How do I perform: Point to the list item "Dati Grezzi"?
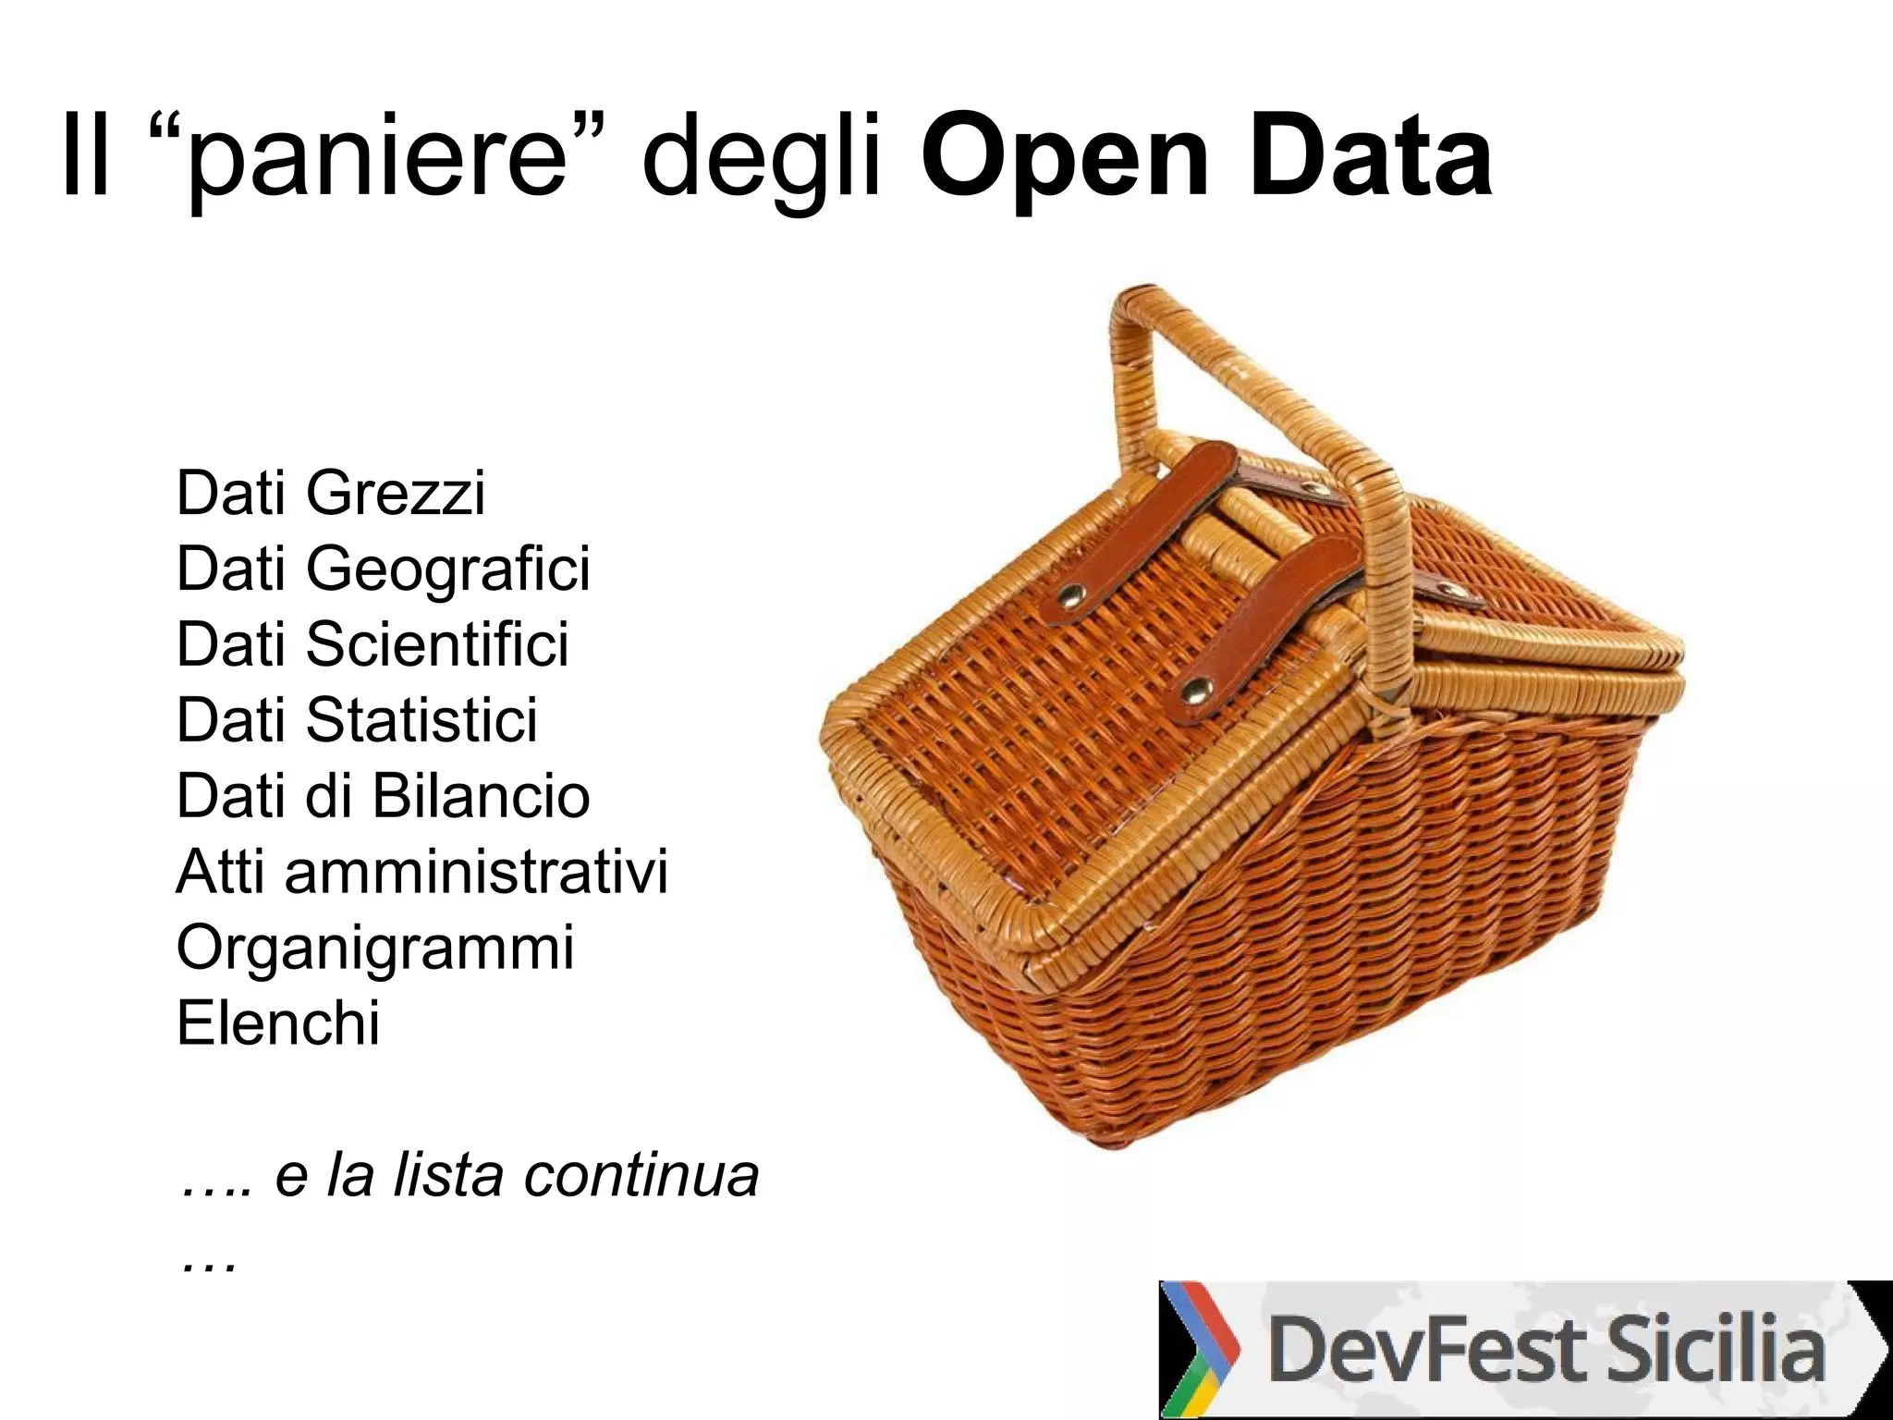pos(330,493)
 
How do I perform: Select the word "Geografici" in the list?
pos(447,569)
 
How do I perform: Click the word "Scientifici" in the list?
pos(437,644)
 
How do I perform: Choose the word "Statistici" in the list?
pos(421,720)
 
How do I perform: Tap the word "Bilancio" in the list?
pos(481,796)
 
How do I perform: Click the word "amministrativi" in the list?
pos(476,872)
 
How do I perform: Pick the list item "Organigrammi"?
pos(374,948)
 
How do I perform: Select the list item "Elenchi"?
pos(277,1023)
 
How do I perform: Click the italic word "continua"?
pos(641,1175)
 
